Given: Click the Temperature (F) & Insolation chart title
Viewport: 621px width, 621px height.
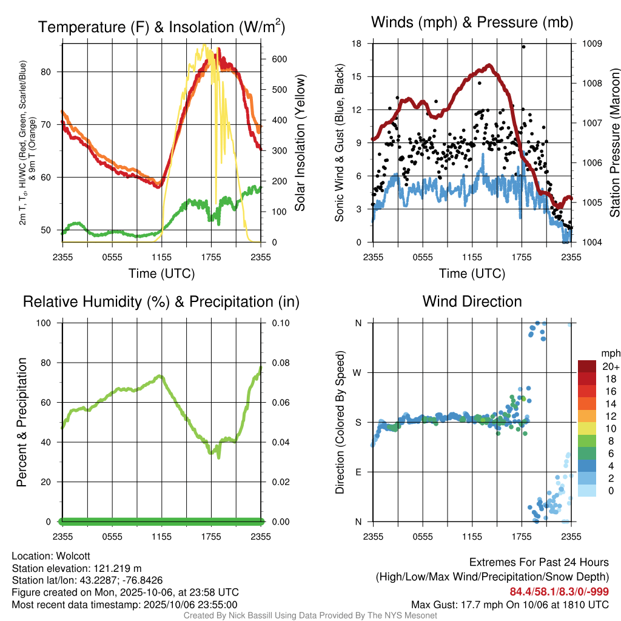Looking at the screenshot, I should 161,27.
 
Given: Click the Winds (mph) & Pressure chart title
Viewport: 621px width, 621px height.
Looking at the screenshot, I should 472,23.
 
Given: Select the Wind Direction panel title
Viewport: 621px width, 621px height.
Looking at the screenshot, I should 472,301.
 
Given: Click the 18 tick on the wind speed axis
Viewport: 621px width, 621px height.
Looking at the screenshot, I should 357,44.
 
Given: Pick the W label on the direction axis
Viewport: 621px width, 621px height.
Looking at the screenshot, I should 358,372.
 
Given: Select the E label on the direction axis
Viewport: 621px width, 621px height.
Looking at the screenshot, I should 358,472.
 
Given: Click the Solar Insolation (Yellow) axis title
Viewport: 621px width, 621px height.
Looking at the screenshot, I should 300,143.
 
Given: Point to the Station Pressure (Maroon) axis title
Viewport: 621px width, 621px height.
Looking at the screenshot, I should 614,143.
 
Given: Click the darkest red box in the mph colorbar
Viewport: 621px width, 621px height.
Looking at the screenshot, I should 587,366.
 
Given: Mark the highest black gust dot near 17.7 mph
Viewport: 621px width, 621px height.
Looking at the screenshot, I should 523,47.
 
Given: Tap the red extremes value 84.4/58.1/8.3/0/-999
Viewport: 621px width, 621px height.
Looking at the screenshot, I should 559,591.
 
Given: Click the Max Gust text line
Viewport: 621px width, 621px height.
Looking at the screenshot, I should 509,604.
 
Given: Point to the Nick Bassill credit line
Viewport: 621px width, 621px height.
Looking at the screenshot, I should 310,616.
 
